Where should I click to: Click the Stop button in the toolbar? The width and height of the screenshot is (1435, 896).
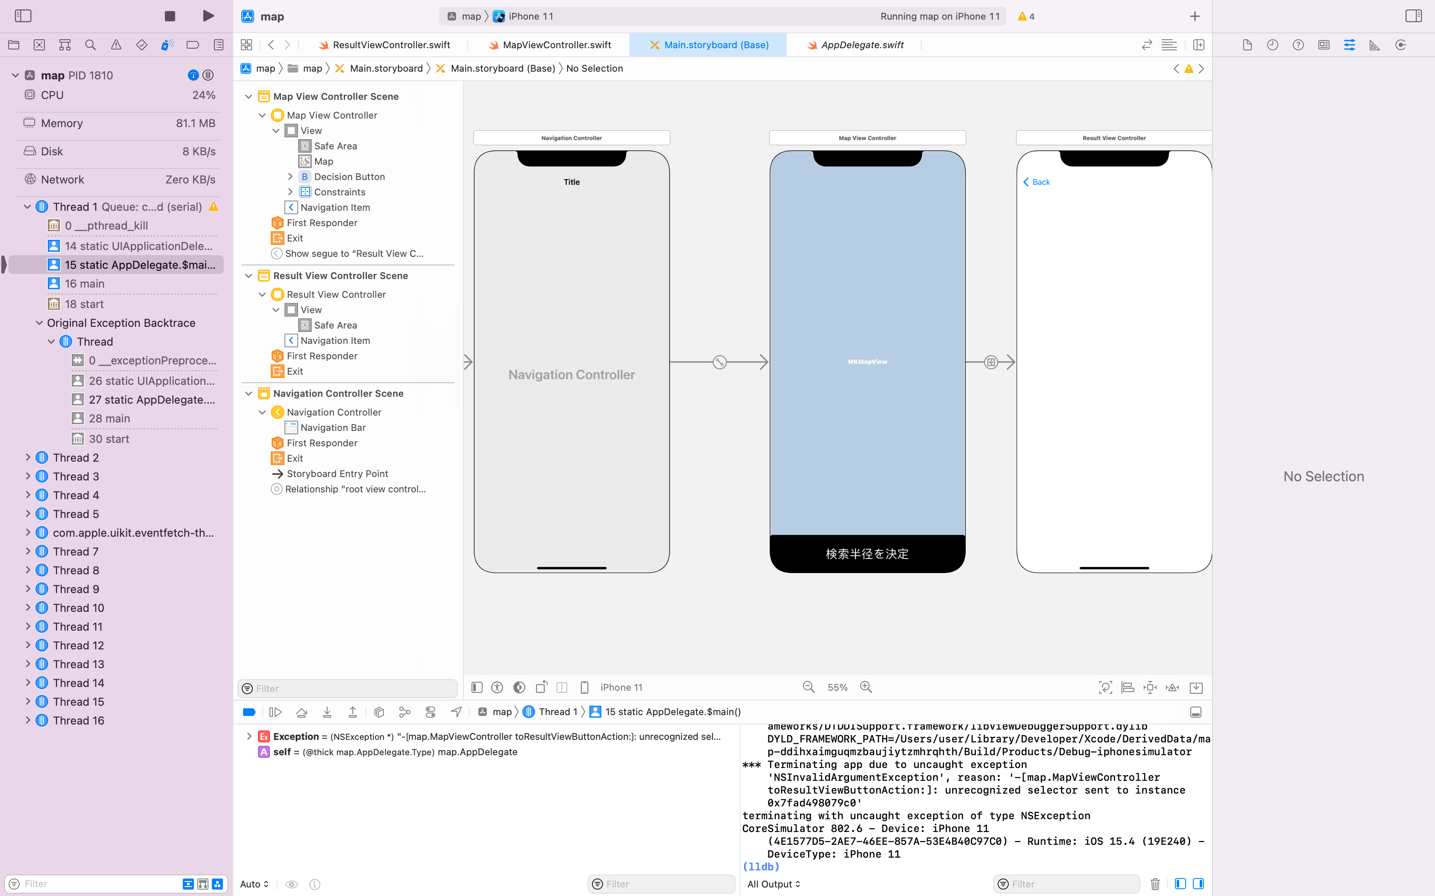(170, 16)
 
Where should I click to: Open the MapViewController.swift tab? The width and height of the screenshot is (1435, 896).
(550, 45)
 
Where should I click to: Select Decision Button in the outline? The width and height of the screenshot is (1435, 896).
(349, 177)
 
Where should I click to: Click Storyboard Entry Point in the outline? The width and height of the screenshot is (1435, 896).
(337, 474)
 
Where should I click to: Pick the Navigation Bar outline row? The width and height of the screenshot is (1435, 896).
(333, 427)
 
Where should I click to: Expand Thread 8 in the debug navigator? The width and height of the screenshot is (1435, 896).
(27, 570)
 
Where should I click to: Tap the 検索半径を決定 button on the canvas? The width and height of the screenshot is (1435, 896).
(867, 553)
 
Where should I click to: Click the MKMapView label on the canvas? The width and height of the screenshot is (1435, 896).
(867, 361)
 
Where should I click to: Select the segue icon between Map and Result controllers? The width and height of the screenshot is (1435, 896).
(991, 362)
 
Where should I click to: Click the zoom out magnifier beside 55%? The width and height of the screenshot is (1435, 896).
(808, 687)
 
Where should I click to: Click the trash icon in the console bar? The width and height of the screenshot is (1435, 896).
(1154, 884)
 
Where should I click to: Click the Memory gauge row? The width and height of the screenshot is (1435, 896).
(119, 123)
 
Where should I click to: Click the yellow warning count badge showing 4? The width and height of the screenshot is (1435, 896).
(1026, 17)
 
